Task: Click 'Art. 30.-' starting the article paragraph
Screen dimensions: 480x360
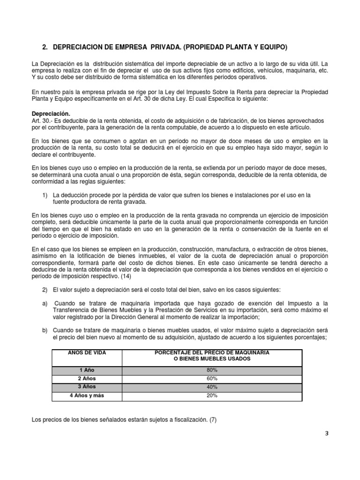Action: coord(42,121)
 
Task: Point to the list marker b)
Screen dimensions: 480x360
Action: coord(45,330)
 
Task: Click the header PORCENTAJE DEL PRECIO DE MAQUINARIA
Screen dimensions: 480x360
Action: coord(212,352)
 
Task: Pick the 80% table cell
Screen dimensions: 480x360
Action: coord(212,370)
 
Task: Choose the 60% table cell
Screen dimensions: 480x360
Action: coord(212,378)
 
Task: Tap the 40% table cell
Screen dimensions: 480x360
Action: coord(212,387)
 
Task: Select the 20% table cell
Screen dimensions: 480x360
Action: coord(212,396)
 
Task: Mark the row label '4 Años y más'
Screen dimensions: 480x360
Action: coord(86,396)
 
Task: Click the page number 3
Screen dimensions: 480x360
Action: coord(327,434)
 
